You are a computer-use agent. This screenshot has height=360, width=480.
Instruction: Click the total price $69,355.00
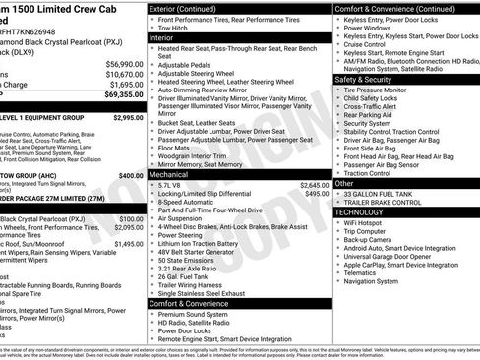pyautogui.click(x=121, y=95)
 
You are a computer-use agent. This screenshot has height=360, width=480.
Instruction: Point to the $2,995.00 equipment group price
pyautogui.click(x=128, y=117)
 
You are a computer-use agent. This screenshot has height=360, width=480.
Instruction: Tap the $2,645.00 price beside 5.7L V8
pyautogui.click(x=314, y=185)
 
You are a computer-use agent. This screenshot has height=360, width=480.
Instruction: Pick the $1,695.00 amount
pyautogui.click(x=123, y=85)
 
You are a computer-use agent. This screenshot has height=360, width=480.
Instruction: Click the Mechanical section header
pyautogui.click(x=177, y=172)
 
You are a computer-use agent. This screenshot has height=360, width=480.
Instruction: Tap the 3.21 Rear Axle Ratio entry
pyautogui.click(x=194, y=268)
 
